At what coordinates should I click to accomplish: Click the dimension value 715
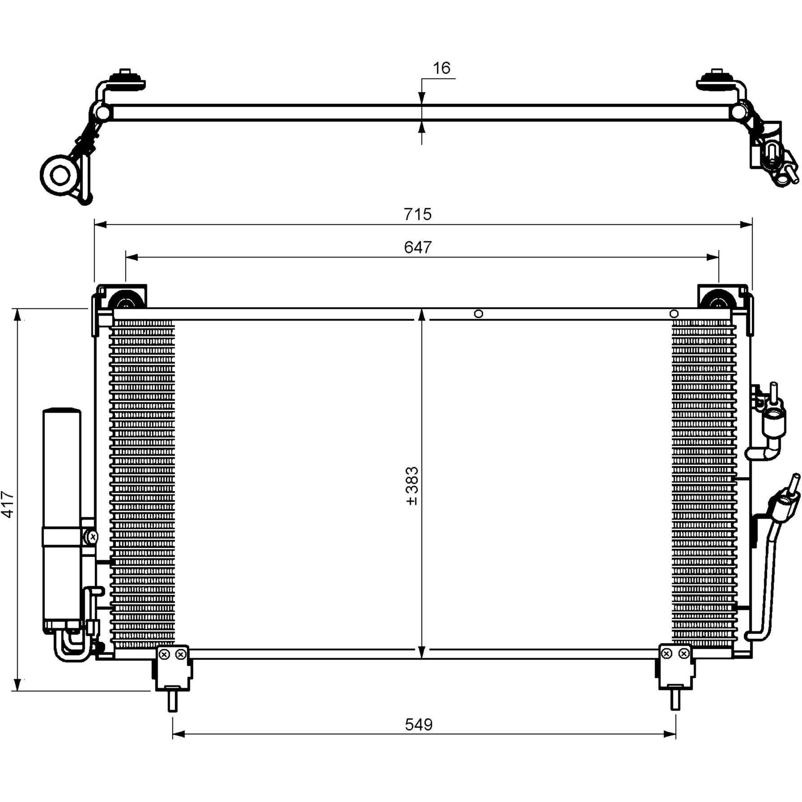tap(417, 214)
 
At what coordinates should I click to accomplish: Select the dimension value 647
tap(417, 247)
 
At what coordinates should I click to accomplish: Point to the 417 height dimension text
tap(8, 504)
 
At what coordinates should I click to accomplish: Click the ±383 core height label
tap(412, 486)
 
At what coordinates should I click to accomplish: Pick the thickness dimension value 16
tap(441, 68)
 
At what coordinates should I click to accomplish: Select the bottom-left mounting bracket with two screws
tap(173, 667)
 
